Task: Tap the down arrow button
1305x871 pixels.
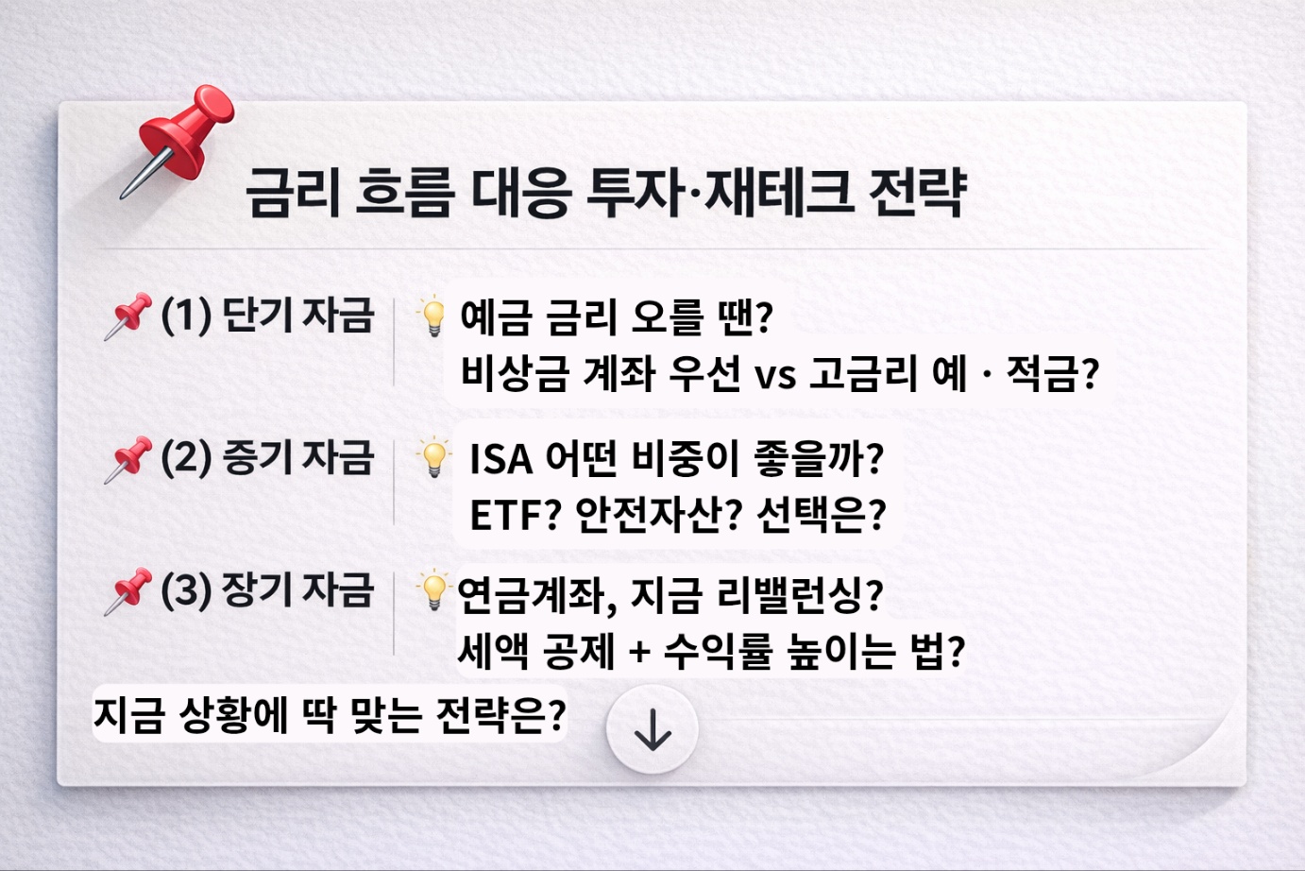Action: [x=652, y=730]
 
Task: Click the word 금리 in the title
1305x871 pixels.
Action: [x=292, y=193]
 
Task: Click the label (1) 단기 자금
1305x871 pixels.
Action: [x=267, y=315]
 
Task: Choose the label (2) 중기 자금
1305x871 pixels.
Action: [x=267, y=457]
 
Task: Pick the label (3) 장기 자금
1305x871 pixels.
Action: [x=267, y=589]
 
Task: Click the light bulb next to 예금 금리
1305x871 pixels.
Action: [x=432, y=316]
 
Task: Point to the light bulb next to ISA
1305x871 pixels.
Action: [x=433, y=458]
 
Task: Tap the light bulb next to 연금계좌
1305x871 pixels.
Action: [x=432, y=591]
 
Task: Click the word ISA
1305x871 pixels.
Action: [x=500, y=460]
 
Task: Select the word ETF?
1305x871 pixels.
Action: [x=515, y=516]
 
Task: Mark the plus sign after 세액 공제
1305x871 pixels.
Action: [x=639, y=652]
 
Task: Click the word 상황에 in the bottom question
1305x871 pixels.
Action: [x=232, y=715]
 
